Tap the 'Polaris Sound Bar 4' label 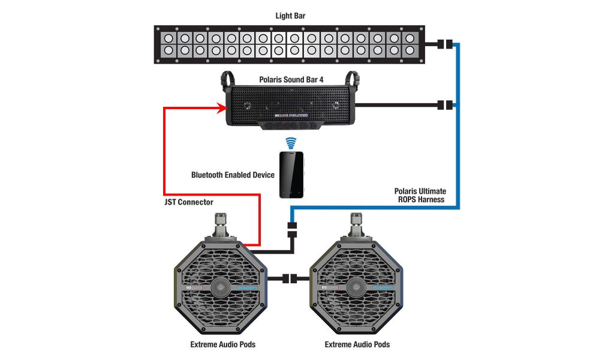pos(291,79)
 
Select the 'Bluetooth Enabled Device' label pos(233,175)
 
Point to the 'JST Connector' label pos(188,202)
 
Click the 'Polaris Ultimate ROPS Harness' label pos(420,195)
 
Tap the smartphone pos(291,174)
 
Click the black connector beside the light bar pos(444,44)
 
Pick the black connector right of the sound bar pos(444,105)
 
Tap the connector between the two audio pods pos(290,278)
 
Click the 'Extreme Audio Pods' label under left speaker pos(221,344)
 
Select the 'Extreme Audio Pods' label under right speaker pos(357,344)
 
